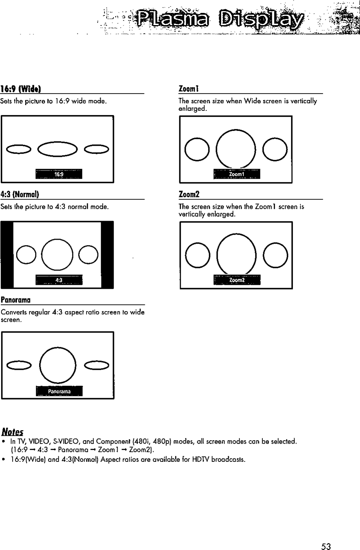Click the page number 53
point(326,546)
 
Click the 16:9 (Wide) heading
point(20,89)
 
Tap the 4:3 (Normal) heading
point(20,195)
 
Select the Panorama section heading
point(16,300)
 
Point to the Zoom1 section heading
point(189,89)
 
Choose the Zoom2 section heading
point(189,195)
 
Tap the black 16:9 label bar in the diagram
point(59,174)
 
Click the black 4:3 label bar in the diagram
point(59,280)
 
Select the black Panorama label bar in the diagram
point(59,391)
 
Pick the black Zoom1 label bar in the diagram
point(237,174)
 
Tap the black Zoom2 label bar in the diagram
point(237,280)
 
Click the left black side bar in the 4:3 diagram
point(7,254)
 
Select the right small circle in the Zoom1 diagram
point(275,149)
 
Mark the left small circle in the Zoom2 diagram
point(198,255)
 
